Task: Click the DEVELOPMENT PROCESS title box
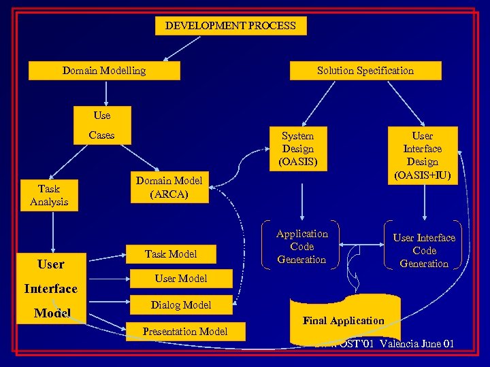230,27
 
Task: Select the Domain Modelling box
104,71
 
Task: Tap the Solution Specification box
365,71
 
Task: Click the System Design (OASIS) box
298,149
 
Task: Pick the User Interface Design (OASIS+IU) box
423,156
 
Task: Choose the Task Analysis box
49,195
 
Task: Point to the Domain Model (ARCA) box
169,187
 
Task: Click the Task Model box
171,254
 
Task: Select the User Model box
180,278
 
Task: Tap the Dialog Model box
181,305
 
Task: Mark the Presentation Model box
185,332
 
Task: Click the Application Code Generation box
301,247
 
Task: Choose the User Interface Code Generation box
423,251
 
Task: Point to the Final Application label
344,321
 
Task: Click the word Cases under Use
102,135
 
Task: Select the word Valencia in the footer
405,344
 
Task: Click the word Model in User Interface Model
52,312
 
